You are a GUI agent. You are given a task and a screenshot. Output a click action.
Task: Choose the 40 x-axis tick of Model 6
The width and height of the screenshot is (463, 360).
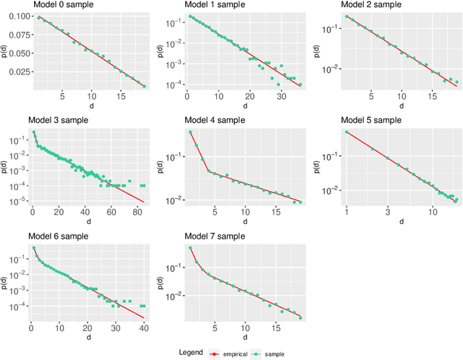(x=143, y=328)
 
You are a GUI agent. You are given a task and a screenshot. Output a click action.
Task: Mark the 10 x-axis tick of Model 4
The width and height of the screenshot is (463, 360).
(x=246, y=213)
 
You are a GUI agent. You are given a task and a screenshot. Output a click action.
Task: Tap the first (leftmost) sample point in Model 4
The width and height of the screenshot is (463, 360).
(x=190, y=132)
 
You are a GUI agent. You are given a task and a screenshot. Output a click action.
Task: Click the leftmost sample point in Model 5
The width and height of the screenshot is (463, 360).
(x=347, y=132)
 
